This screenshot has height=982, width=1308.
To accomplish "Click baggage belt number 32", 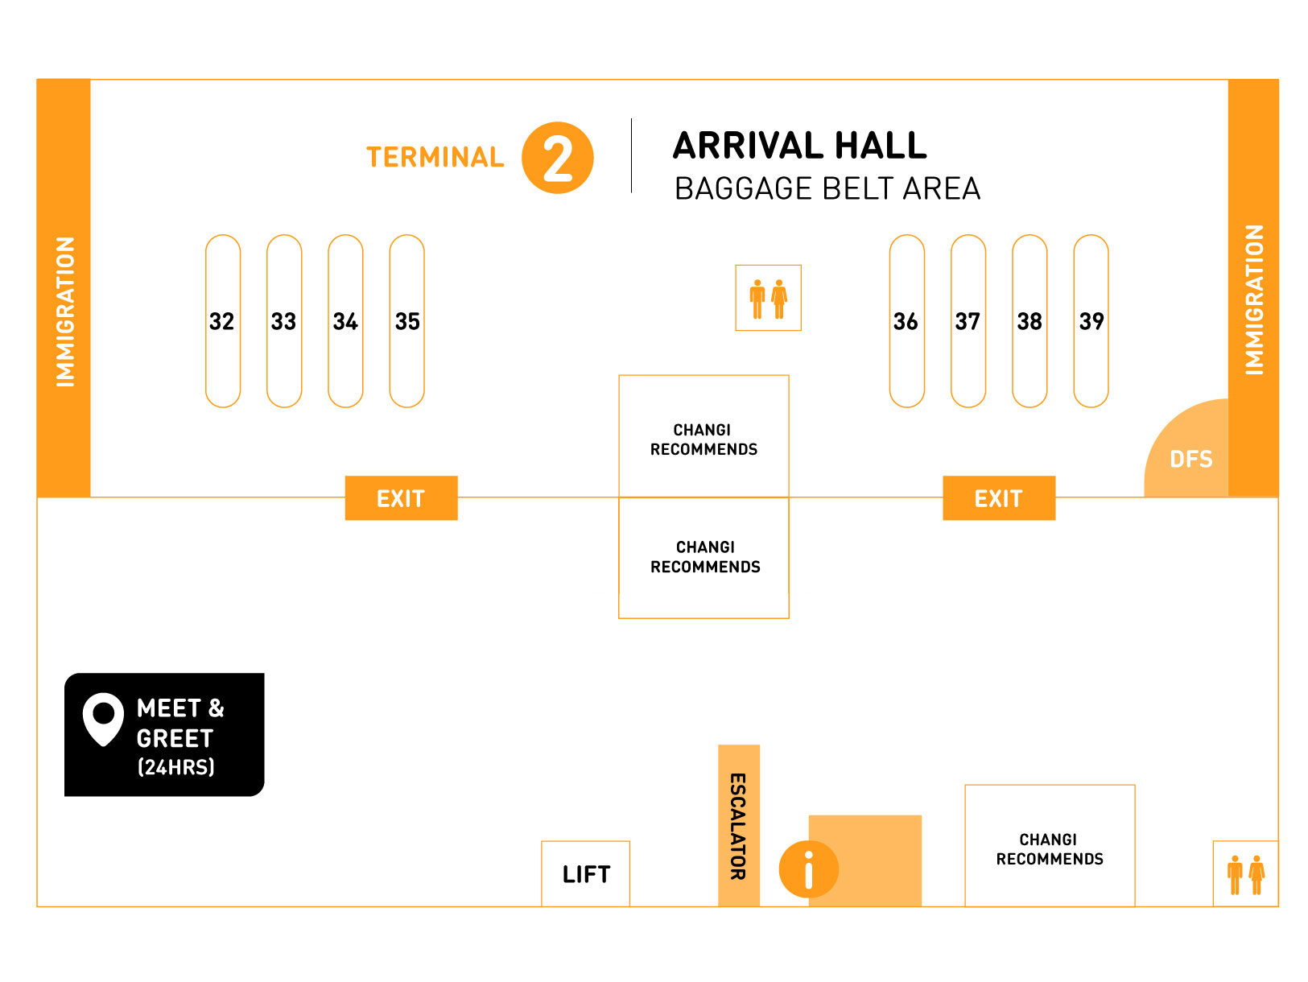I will point(223,321).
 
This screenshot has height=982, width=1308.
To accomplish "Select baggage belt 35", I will point(406,321).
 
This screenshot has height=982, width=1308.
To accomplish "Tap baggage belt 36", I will point(906,321).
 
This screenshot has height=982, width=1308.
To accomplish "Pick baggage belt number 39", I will point(1091,321).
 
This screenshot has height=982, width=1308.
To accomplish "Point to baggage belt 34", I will point(345,321).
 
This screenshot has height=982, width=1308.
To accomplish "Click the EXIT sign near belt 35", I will point(401,498).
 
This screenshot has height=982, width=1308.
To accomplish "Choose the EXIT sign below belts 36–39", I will point(998,498).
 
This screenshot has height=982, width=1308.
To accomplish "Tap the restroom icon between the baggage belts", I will point(768,298).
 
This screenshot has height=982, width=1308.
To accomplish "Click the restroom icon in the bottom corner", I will point(1245,874).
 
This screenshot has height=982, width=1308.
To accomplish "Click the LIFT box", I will point(585,874).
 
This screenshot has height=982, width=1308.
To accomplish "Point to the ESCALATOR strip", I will point(738,825).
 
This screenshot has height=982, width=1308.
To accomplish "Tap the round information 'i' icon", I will point(808,869).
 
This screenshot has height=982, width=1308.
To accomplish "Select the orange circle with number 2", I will point(557,158).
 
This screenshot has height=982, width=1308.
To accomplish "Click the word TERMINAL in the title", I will point(435,157).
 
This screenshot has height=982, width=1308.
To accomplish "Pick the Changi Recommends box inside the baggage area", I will point(704,439).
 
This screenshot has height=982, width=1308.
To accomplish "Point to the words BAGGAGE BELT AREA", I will point(827,189).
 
